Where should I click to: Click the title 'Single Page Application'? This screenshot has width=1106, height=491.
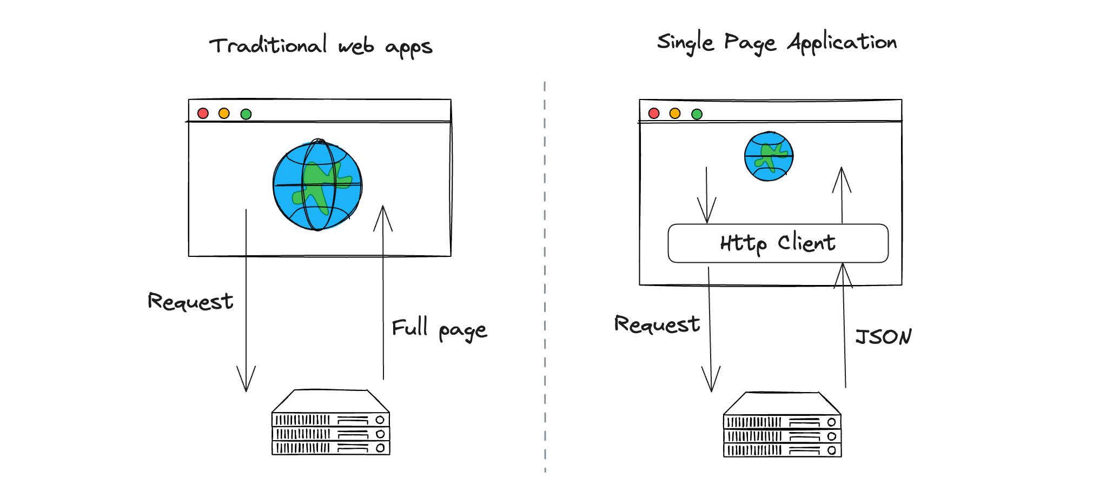coord(777,43)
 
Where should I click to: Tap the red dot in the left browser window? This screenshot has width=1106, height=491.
coord(203,113)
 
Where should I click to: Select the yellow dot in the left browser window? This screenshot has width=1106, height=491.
coord(224,113)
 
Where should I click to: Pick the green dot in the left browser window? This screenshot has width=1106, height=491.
coord(246,114)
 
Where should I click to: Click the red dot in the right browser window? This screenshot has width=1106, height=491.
coord(654,113)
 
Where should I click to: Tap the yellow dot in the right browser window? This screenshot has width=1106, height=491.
coord(674,113)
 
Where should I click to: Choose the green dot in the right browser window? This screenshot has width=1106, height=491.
coord(697,114)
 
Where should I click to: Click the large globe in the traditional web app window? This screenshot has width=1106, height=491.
coord(317,185)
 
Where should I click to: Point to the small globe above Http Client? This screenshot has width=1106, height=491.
coord(769,156)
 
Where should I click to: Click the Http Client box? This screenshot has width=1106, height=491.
coord(778,243)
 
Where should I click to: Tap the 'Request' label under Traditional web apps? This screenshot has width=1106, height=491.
coord(190,302)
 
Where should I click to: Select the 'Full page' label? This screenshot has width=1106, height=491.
coord(439,329)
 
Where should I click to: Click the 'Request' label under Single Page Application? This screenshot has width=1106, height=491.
coord(657,324)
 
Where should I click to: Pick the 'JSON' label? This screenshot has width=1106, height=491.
coord(883,337)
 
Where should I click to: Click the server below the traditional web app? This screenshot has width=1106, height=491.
coord(330,423)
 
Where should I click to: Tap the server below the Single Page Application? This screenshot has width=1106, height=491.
coord(782,425)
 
